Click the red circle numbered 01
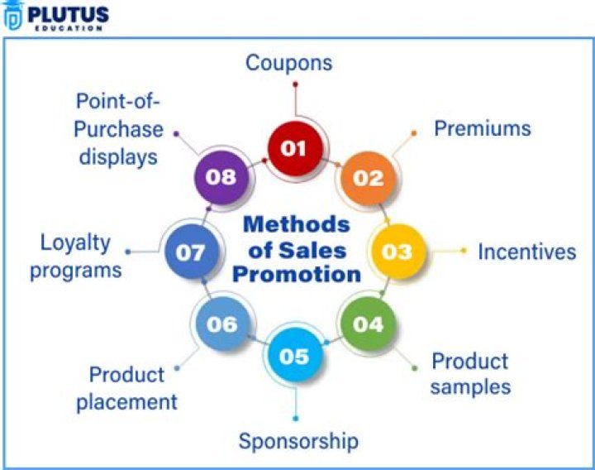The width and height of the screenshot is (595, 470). (x=295, y=149)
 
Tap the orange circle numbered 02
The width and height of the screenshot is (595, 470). (x=368, y=178)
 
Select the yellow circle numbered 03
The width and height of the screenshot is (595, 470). (x=397, y=252)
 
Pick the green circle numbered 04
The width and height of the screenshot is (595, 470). (x=368, y=324)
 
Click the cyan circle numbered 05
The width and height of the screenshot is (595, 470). (x=295, y=356)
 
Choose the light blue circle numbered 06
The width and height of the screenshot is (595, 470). (x=222, y=324)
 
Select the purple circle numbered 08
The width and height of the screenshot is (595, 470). (x=221, y=177)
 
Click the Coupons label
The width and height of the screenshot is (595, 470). (x=288, y=63)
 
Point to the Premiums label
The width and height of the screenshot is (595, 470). (x=483, y=128)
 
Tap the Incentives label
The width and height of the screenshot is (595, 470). (x=526, y=252)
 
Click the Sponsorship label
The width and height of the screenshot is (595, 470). (x=298, y=442)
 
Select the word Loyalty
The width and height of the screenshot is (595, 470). (x=75, y=243)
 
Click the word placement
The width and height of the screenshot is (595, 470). (x=126, y=402)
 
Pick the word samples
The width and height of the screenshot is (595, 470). (x=470, y=387)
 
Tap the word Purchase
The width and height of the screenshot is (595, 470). (x=118, y=130)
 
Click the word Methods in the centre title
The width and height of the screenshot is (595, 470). (x=297, y=224)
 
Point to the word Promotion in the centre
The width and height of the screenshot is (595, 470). (x=297, y=275)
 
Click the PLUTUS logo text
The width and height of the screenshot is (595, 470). (x=69, y=15)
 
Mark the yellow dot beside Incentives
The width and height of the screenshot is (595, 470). (x=463, y=251)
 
